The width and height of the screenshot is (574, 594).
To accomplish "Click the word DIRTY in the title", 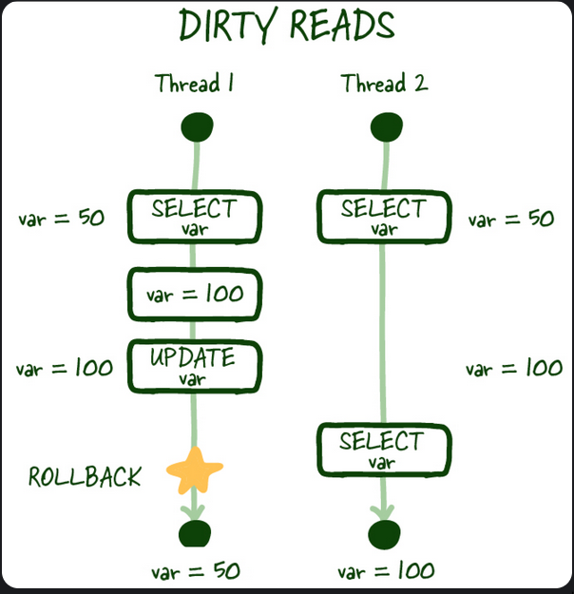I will (x=227, y=28).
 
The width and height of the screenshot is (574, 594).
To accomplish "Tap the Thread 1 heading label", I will (x=195, y=84).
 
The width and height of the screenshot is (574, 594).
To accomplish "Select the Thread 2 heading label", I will (x=384, y=84).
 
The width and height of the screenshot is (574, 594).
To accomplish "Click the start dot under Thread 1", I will (x=197, y=125).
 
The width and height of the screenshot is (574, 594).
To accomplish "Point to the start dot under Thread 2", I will (x=384, y=125).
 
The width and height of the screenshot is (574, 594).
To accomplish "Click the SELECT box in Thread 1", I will (x=194, y=217).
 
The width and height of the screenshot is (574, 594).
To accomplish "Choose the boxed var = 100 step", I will (x=195, y=293).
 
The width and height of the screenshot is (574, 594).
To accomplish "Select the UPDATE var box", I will (x=194, y=366).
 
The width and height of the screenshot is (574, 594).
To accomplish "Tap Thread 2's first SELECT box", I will (x=383, y=217).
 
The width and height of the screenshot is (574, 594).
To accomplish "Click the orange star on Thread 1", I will (x=195, y=470).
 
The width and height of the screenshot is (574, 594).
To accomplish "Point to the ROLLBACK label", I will (x=85, y=476).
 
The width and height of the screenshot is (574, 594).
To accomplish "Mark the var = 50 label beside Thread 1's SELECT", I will (x=62, y=219).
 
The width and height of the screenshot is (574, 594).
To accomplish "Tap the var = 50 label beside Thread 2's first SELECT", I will (x=510, y=220).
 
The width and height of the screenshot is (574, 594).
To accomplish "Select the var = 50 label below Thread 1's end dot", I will (x=196, y=571).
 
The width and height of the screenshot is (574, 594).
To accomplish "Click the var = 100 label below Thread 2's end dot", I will (x=385, y=571).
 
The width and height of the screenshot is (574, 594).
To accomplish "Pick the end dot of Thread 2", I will (x=383, y=532).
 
